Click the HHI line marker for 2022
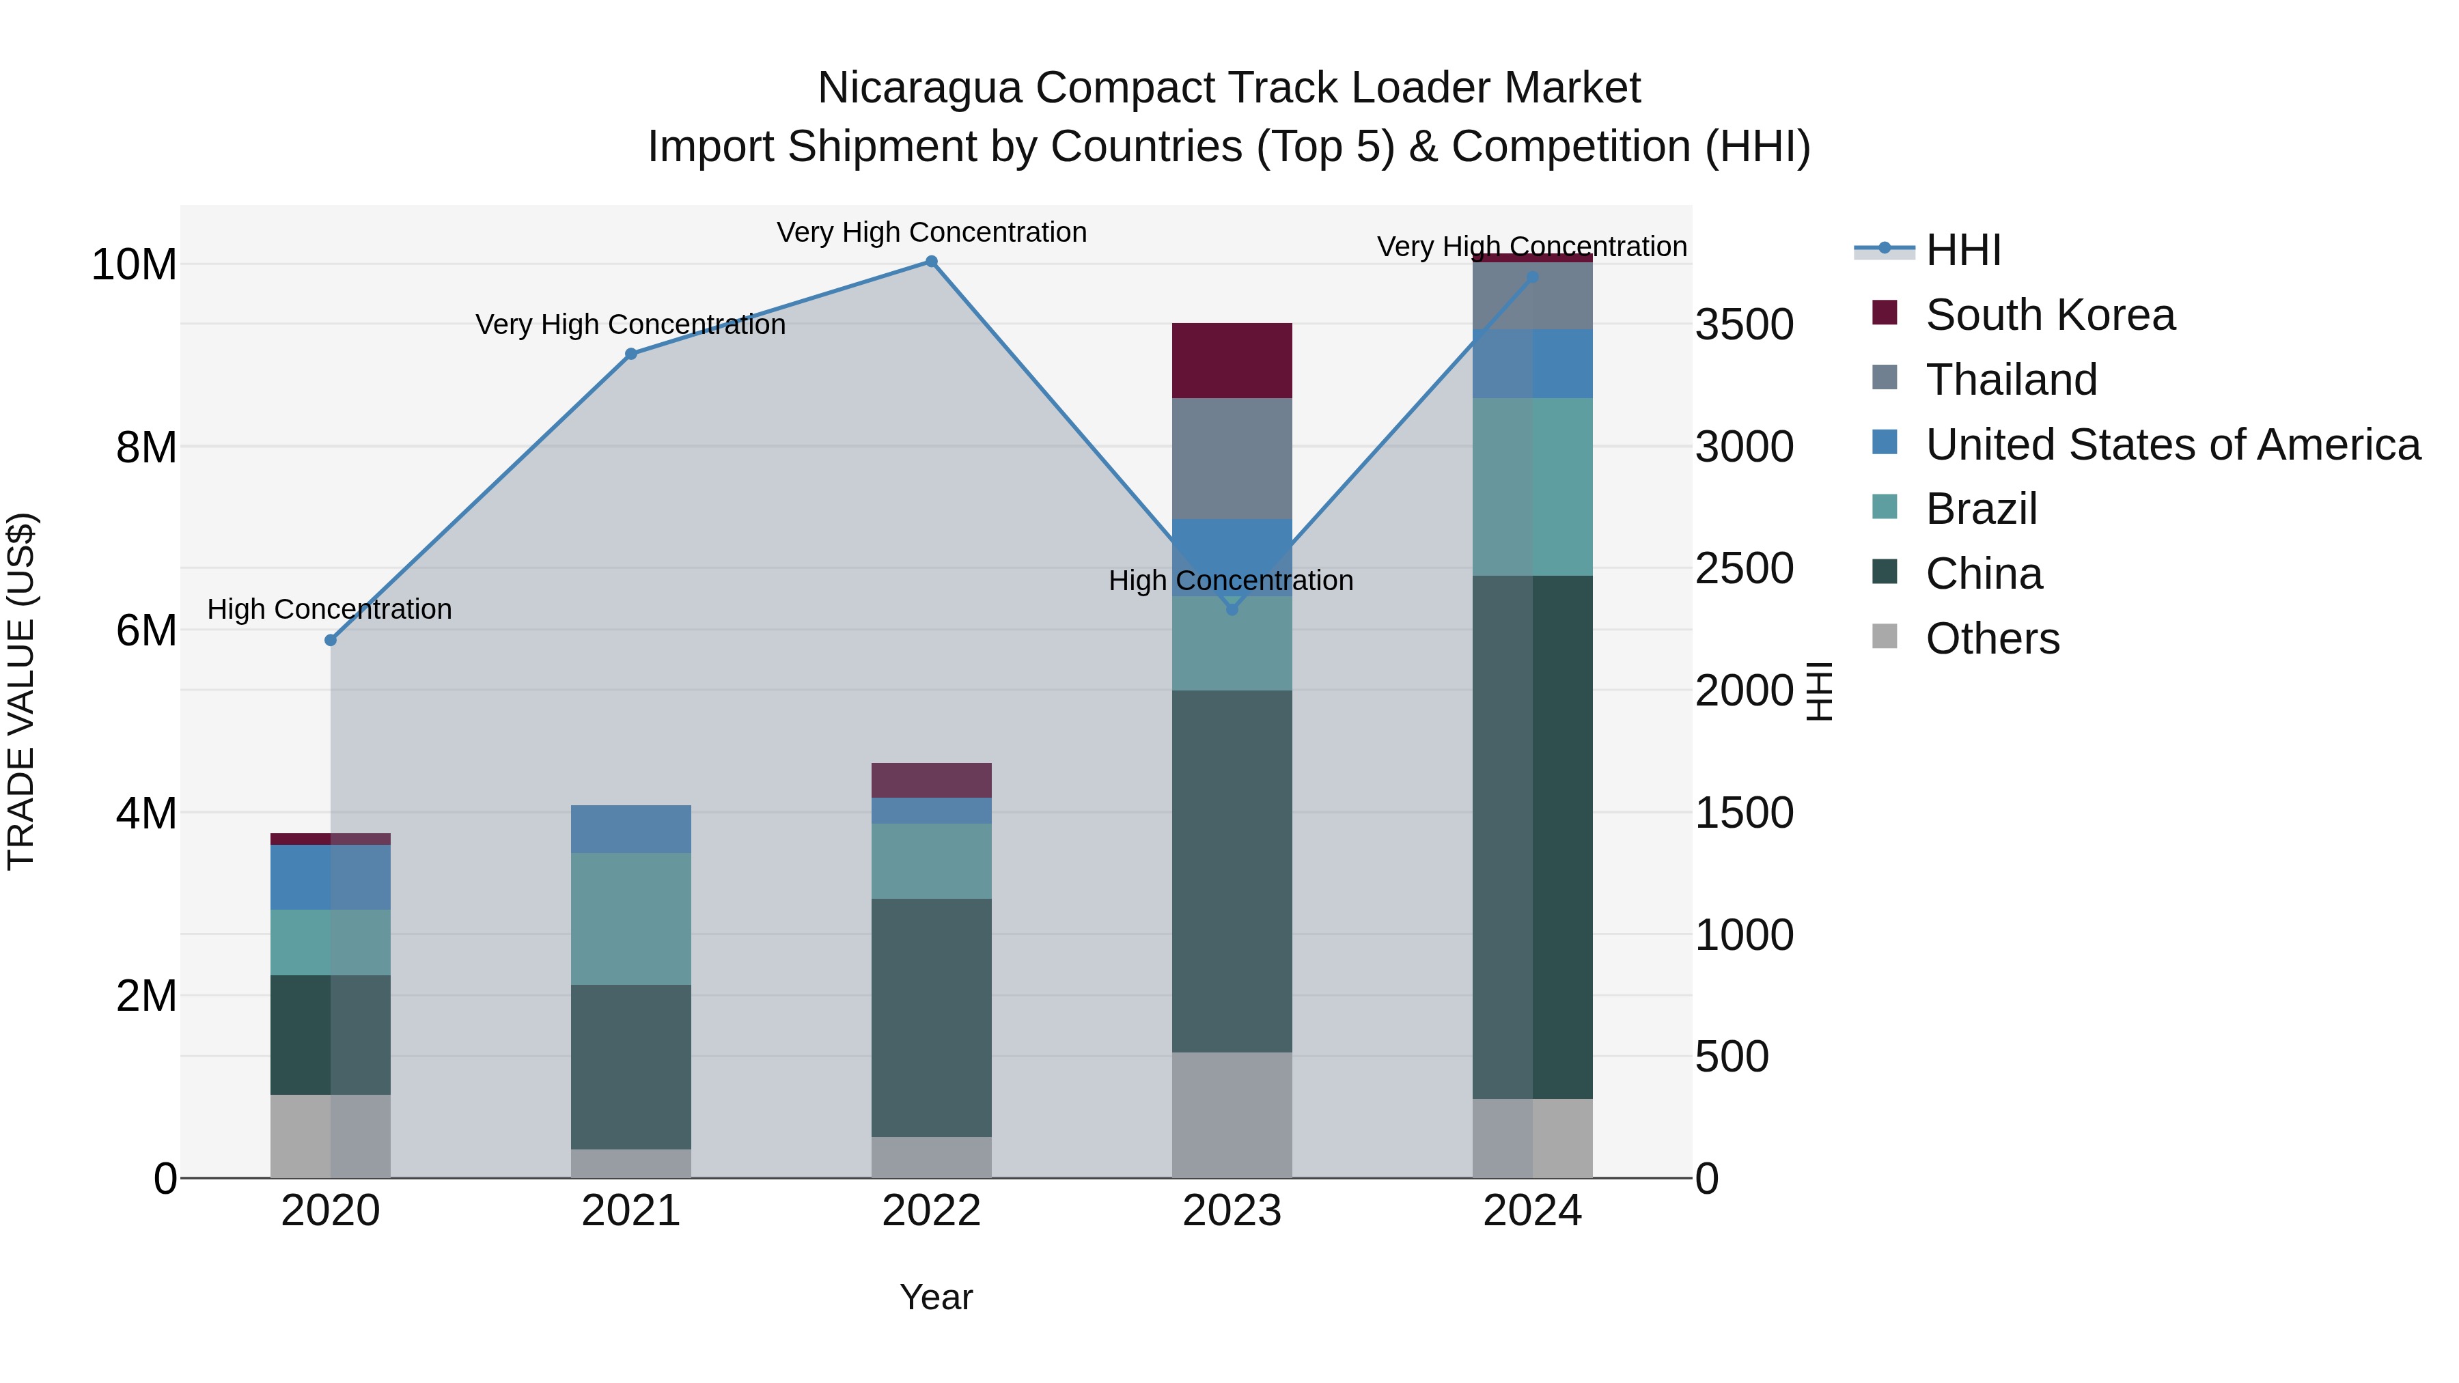coord(931,262)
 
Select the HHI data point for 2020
coord(331,641)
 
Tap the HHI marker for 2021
coord(631,354)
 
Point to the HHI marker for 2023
coord(1232,609)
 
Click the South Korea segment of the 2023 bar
coord(1232,361)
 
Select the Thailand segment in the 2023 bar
coord(1232,458)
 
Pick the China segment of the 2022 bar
coord(931,1018)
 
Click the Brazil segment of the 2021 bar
coord(631,918)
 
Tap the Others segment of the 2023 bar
coord(1232,1115)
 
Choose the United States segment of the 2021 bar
coord(631,828)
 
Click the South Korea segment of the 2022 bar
coord(931,780)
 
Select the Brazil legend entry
coord(1981,509)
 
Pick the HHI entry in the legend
coord(1962,250)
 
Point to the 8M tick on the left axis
coord(146,447)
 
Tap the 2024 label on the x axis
coord(1532,1211)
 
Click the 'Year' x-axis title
coord(936,1297)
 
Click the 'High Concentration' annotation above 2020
coord(329,609)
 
